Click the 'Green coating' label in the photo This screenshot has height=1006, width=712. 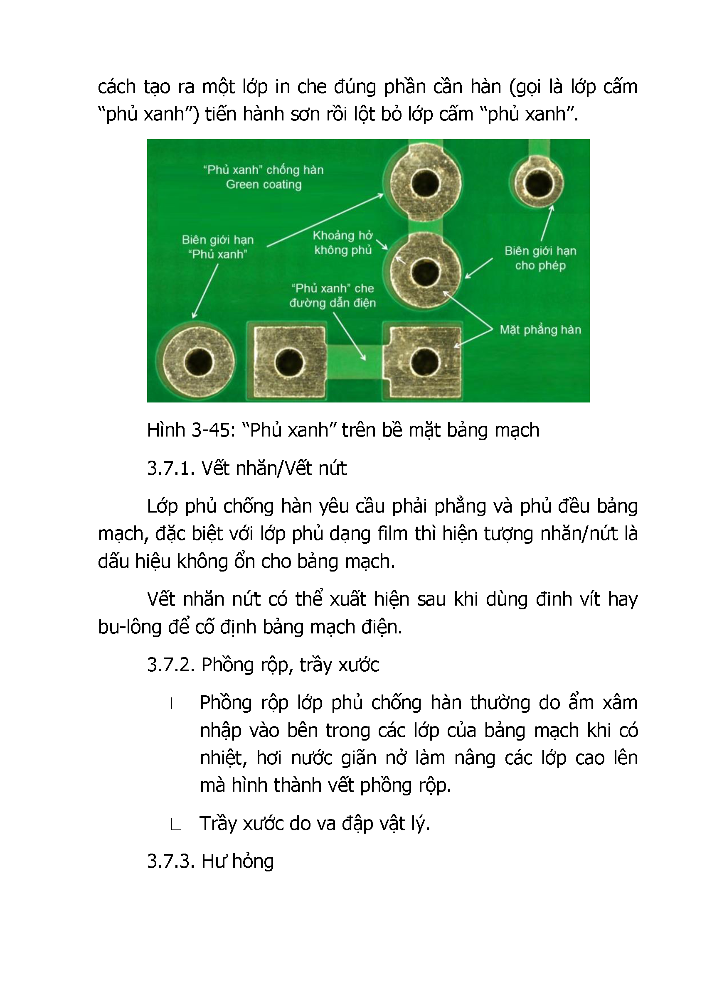(x=264, y=184)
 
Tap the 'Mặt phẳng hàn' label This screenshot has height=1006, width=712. (x=540, y=329)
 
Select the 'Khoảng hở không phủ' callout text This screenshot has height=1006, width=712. (x=342, y=243)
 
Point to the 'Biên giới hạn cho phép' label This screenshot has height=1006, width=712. (x=540, y=258)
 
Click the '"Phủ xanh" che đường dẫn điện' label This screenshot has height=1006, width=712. (x=333, y=296)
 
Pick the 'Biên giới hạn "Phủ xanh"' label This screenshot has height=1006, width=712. (x=217, y=247)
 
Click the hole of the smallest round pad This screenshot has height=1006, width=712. (x=538, y=183)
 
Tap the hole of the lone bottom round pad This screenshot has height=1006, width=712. (x=199, y=362)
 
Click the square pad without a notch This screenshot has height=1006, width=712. (x=289, y=362)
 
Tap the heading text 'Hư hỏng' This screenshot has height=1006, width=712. (x=238, y=861)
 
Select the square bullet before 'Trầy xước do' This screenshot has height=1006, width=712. (x=176, y=824)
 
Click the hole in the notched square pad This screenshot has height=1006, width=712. (x=424, y=362)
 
